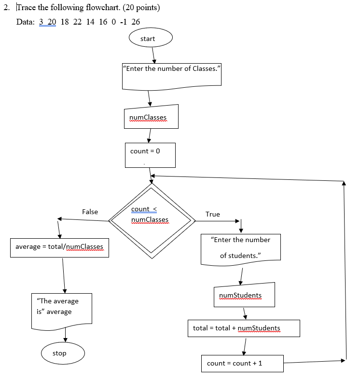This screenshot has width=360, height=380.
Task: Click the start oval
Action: (x=150, y=39)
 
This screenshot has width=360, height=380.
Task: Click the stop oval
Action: (x=63, y=353)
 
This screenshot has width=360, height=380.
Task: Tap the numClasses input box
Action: (x=150, y=117)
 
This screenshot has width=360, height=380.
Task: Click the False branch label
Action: (x=90, y=212)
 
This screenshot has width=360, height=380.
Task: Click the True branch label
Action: (x=212, y=214)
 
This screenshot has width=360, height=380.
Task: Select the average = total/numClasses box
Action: (x=59, y=247)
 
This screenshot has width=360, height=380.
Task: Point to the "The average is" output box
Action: (x=61, y=308)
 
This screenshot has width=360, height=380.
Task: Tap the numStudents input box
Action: (x=244, y=295)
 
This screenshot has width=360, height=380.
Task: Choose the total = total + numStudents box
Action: (x=244, y=328)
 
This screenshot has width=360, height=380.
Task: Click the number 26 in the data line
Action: (x=136, y=22)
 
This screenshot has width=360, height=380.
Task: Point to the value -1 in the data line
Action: (x=122, y=22)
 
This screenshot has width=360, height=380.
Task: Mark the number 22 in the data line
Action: (x=78, y=22)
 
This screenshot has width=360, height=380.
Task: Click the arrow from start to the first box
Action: (x=153, y=55)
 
